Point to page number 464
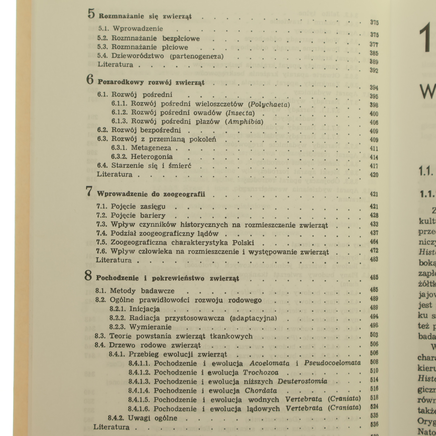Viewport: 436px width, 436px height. click(x=374, y=242)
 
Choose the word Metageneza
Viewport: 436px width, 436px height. click(x=151, y=148)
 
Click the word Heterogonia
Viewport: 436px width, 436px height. click(x=152, y=157)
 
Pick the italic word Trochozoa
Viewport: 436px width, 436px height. click(x=261, y=373)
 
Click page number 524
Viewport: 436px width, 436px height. click(x=374, y=407)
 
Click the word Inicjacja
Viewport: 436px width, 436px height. click(x=144, y=309)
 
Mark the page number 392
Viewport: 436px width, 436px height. click(x=374, y=71)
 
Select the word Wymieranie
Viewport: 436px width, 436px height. click(x=150, y=327)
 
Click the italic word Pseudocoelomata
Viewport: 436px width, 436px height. click(x=332, y=363)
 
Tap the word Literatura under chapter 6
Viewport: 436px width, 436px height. click(x=115, y=174)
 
